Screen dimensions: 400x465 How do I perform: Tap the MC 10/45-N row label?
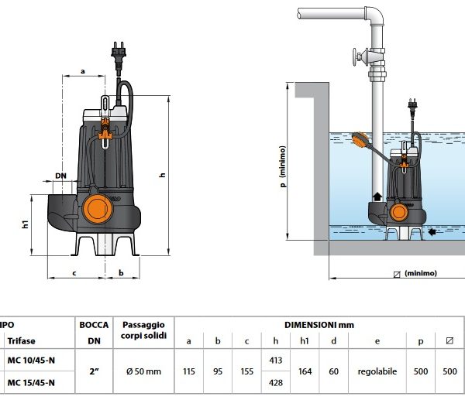click(x=31, y=360)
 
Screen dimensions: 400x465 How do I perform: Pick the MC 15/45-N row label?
click(x=31, y=383)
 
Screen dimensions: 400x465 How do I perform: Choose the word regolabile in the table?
click(x=377, y=371)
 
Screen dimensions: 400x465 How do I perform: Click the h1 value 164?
click(x=306, y=371)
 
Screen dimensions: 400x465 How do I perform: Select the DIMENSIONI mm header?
click(x=319, y=325)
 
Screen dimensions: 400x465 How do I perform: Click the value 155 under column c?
click(x=246, y=371)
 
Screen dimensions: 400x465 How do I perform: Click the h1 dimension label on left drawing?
click(x=25, y=224)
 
